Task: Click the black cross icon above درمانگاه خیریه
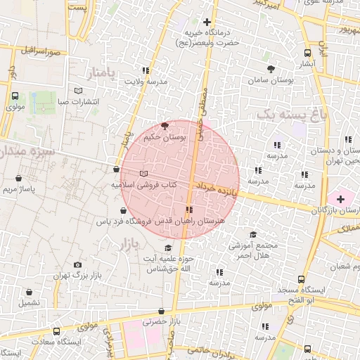(207, 22)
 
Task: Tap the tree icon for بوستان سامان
(271, 69)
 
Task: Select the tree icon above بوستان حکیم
(165, 126)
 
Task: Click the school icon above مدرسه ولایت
(146, 70)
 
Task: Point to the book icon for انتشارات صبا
(78, 91)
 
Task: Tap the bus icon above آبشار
(307, 53)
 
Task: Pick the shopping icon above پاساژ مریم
(18, 179)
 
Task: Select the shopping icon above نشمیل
(29, 292)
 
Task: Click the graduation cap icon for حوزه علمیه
(167, 248)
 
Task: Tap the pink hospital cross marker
(341, 199)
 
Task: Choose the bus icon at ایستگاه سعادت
(56, 330)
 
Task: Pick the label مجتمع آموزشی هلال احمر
(255, 250)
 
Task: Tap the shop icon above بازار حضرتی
(162, 311)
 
